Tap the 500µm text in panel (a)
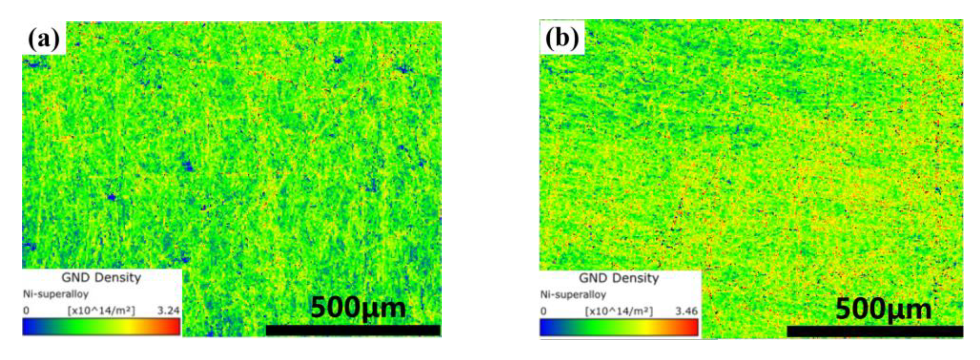pyautogui.click(x=358, y=307)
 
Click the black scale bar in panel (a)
pyautogui.click(x=353, y=330)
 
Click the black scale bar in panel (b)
pyautogui.click(x=875, y=331)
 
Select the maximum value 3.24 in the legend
pyautogui.click(x=168, y=311)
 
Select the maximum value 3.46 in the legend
pyautogui.click(x=686, y=311)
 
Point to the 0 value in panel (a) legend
pyautogui.click(x=26, y=311)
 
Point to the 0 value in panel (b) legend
pyautogui.click(x=544, y=311)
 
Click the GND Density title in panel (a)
pyautogui.click(x=101, y=278)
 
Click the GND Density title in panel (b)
pyautogui.click(x=619, y=278)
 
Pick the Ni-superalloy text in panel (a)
pyautogui.click(x=56, y=294)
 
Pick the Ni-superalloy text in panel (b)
pyautogui.click(x=573, y=295)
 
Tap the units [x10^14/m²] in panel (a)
pyautogui.click(x=101, y=311)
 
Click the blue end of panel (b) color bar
pyautogui.click(x=545, y=327)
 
